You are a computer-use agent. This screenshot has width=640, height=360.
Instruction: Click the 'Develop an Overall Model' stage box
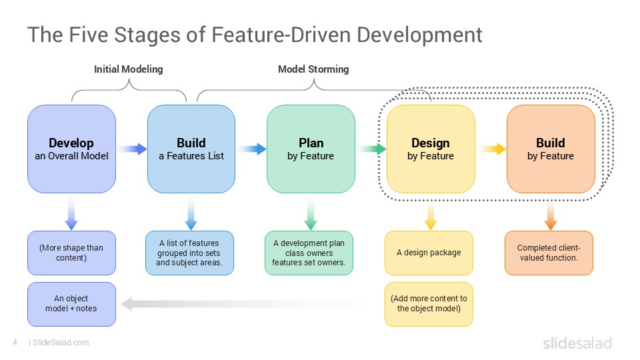(71, 149)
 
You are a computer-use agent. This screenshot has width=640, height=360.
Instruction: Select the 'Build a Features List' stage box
(191, 149)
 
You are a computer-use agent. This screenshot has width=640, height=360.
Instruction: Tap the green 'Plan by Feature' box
(311, 149)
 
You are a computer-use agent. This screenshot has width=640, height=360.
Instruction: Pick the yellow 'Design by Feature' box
(431, 149)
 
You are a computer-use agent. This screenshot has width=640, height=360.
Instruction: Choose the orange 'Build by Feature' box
(551, 149)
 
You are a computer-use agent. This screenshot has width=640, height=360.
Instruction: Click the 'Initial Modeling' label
(129, 69)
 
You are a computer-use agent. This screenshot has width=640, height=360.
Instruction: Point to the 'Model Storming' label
(313, 69)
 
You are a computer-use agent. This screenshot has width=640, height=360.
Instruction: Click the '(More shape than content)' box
(71, 253)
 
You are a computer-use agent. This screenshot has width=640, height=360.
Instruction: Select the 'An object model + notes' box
(71, 304)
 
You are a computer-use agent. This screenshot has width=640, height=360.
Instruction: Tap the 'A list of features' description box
(189, 253)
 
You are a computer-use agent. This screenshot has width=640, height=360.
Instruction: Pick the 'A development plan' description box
(309, 253)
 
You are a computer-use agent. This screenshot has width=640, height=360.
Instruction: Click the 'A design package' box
(429, 253)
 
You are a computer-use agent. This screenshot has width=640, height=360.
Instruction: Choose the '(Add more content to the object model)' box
(429, 304)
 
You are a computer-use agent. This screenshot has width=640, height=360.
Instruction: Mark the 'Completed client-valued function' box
(549, 253)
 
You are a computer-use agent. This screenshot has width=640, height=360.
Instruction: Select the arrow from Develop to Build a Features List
(132, 149)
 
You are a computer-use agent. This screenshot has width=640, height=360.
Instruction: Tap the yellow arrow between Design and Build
(492, 149)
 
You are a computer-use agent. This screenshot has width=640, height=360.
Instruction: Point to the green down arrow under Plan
(311, 213)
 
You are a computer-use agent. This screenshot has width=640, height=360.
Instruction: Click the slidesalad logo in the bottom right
(577, 343)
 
